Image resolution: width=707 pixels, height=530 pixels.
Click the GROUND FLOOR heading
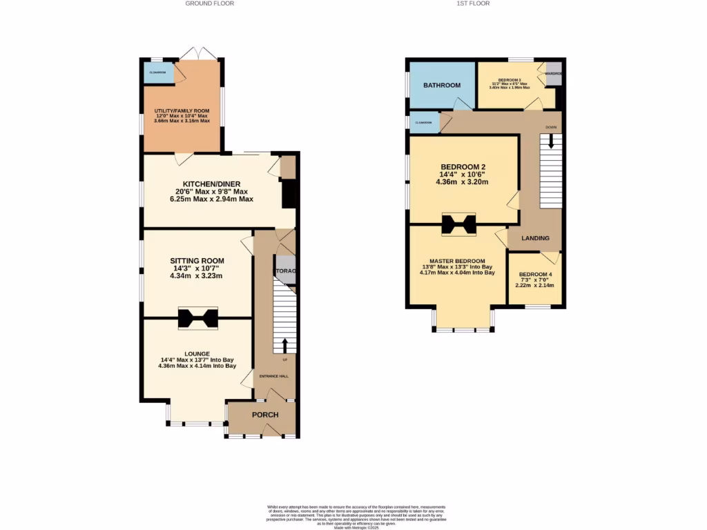click(x=210, y=3)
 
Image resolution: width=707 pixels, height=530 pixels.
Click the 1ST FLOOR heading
click(x=473, y=3)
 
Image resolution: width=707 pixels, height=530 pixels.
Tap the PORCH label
click(x=265, y=415)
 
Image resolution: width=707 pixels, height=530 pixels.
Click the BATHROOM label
click(x=442, y=85)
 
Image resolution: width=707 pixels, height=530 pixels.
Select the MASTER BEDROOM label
click(x=457, y=260)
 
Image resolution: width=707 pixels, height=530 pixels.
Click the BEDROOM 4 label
click(x=536, y=274)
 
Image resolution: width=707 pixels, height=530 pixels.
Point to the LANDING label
click(x=536, y=238)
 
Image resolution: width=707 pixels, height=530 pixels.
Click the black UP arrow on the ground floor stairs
click(x=284, y=345)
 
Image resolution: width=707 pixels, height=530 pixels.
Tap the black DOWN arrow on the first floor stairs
click(x=550, y=141)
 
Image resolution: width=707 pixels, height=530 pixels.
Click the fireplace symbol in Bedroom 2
click(x=458, y=224)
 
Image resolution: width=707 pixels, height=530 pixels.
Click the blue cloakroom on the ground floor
click(x=158, y=72)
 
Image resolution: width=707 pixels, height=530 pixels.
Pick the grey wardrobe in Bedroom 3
click(x=554, y=74)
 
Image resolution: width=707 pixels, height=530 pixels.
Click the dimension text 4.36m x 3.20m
click(x=462, y=183)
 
